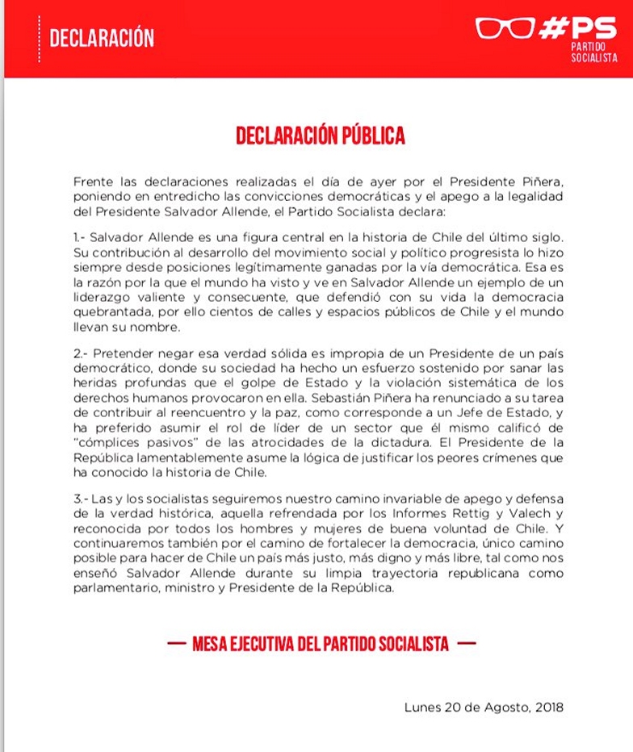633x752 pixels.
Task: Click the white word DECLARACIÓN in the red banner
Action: tap(102, 39)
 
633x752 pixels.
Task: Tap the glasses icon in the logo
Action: tap(505, 28)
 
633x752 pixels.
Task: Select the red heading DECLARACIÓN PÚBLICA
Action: tap(321, 135)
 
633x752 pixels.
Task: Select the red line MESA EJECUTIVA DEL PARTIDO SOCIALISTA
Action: tap(321, 645)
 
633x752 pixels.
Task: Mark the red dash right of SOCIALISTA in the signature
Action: tap(466, 645)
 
